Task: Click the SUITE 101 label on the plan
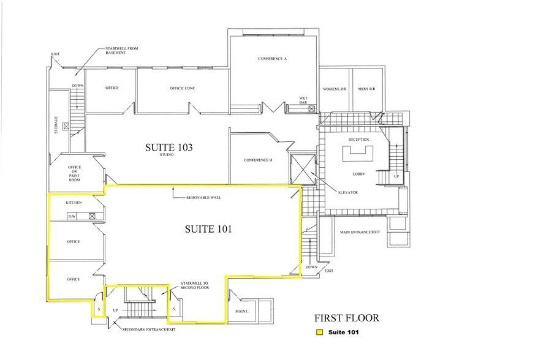(x=208, y=229)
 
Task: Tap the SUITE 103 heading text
(x=169, y=147)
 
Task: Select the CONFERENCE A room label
(x=272, y=59)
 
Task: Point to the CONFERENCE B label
(x=258, y=160)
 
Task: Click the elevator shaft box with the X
(x=303, y=170)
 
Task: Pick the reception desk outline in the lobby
(x=358, y=155)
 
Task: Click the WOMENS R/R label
(x=335, y=89)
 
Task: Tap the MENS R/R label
(x=366, y=89)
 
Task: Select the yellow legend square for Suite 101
(x=320, y=332)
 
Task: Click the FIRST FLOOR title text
(x=347, y=318)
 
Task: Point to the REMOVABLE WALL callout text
(x=203, y=197)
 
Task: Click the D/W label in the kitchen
(x=72, y=216)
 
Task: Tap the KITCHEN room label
(x=74, y=203)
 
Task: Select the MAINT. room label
(x=241, y=312)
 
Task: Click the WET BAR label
(x=303, y=100)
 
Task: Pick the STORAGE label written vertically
(x=56, y=125)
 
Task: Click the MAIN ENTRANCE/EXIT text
(x=360, y=232)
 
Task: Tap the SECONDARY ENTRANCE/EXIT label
(x=149, y=329)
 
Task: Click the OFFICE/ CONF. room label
(x=183, y=88)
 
